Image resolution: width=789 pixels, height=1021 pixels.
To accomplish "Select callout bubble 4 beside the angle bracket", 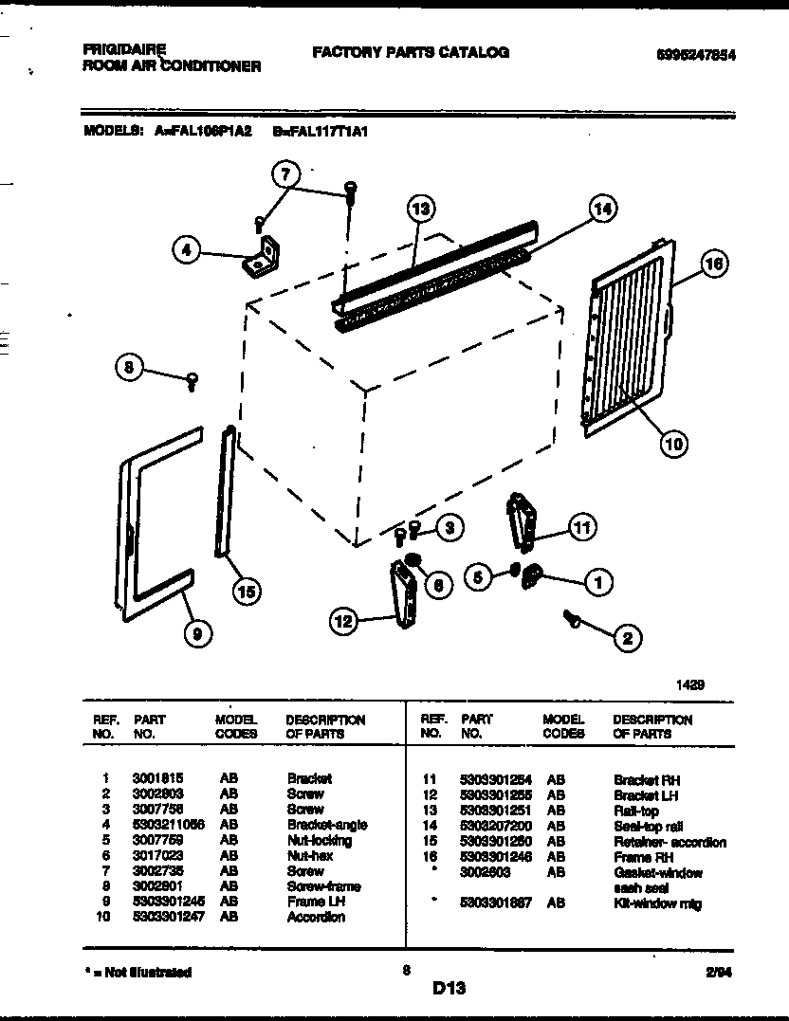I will tap(187, 251).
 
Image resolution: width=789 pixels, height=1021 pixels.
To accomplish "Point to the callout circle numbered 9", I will tap(196, 635).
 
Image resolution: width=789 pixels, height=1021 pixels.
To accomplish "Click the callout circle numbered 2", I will tap(627, 638).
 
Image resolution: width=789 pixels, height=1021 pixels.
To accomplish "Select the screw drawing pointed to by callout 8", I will tap(193, 381).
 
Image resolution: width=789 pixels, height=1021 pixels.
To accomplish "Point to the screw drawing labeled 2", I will tap(572, 619).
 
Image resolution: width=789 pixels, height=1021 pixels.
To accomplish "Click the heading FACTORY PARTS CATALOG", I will tap(410, 52).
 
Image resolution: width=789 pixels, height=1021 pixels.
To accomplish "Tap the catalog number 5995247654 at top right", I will tap(695, 55).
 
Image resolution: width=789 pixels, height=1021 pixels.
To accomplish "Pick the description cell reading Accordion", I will tap(316, 917).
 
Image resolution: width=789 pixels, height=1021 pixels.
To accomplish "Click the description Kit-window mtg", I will tap(656, 903).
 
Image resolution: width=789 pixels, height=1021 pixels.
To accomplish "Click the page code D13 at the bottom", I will tap(449, 989).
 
